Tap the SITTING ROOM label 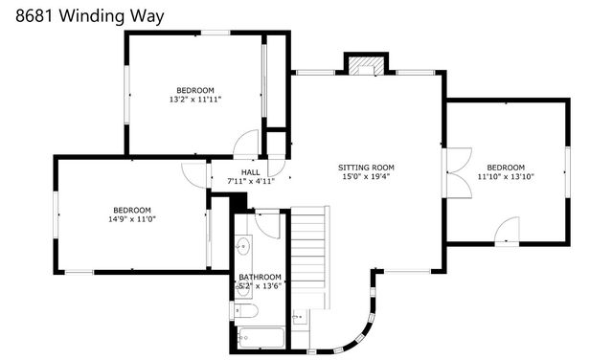click(367, 168)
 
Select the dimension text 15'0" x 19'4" click(367, 177)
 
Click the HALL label click(250, 171)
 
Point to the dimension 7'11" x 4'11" click(250, 181)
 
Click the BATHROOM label click(259, 277)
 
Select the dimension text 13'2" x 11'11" click(195, 99)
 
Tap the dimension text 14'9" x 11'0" click(132, 219)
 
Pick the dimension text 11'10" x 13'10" click(505, 177)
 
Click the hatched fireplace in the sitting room click(363, 66)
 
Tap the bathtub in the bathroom click(259, 338)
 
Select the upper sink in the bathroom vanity click(243, 246)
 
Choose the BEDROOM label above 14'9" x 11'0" click(132, 210)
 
